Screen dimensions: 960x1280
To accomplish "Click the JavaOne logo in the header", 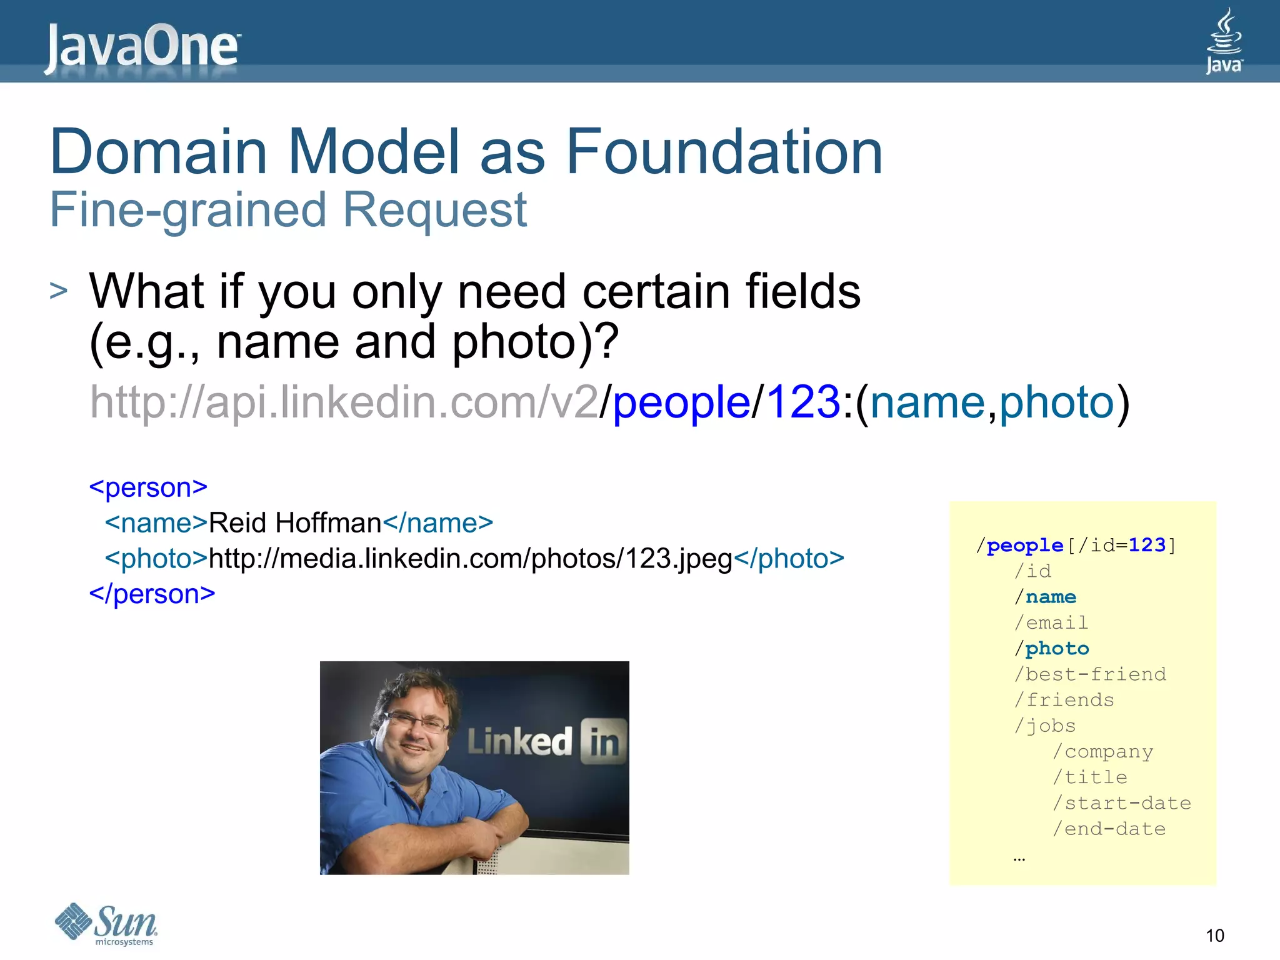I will (x=142, y=47).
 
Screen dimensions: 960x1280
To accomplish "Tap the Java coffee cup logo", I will (x=1224, y=41).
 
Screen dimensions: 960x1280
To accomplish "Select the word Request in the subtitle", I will (x=435, y=210).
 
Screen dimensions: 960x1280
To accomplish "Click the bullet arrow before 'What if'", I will (x=58, y=291).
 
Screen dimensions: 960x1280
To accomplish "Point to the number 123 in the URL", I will (x=802, y=402).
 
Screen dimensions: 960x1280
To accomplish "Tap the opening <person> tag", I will (x=148, y=487).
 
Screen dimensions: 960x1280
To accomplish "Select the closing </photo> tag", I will (x=789, y=558).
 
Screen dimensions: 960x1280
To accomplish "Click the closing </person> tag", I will (x=152, y=594).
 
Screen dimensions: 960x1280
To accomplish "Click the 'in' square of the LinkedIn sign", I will (x=603, y=741).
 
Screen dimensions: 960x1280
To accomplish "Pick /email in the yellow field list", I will (x=1051, y=622).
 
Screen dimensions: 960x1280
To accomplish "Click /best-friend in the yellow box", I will (x=1090, y=674).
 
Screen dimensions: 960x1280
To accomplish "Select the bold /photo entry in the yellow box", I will (x=1052, y=649).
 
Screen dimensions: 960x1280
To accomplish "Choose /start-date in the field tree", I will (x=1122, y=803).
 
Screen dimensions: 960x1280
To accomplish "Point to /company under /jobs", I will (x=1103, y=752).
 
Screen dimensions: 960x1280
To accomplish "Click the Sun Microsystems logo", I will (x=106, y=924).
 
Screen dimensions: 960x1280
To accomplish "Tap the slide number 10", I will (x=1214, y=936).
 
